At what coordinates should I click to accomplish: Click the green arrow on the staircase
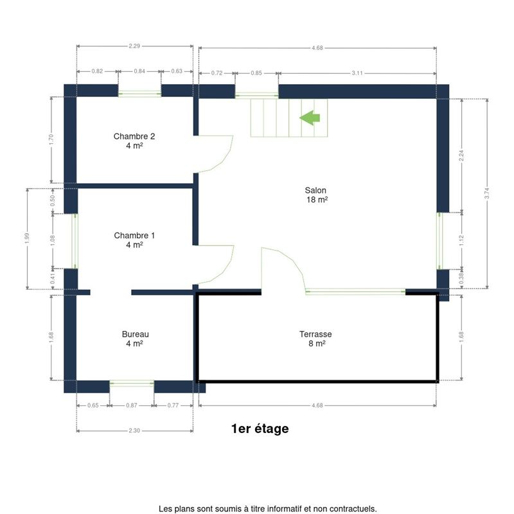310,118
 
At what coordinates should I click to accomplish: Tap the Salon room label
316,195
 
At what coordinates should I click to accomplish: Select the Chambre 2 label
134,141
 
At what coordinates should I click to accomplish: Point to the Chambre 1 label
134,240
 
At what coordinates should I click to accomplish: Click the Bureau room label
135,339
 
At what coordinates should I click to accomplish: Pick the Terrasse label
315,339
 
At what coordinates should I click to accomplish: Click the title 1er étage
260,429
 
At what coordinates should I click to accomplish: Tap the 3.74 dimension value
487,193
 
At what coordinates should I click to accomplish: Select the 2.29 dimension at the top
134,46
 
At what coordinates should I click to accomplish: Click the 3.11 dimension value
357,73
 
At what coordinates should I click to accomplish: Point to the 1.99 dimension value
27,238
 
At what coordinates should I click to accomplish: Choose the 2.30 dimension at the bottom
134,430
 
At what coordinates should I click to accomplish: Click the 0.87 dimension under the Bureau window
132,405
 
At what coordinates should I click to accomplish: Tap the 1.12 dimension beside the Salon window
461,240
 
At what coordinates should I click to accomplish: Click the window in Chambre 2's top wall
139,94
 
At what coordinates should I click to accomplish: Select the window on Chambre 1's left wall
75,242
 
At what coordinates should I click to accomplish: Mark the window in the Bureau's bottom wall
132,384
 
